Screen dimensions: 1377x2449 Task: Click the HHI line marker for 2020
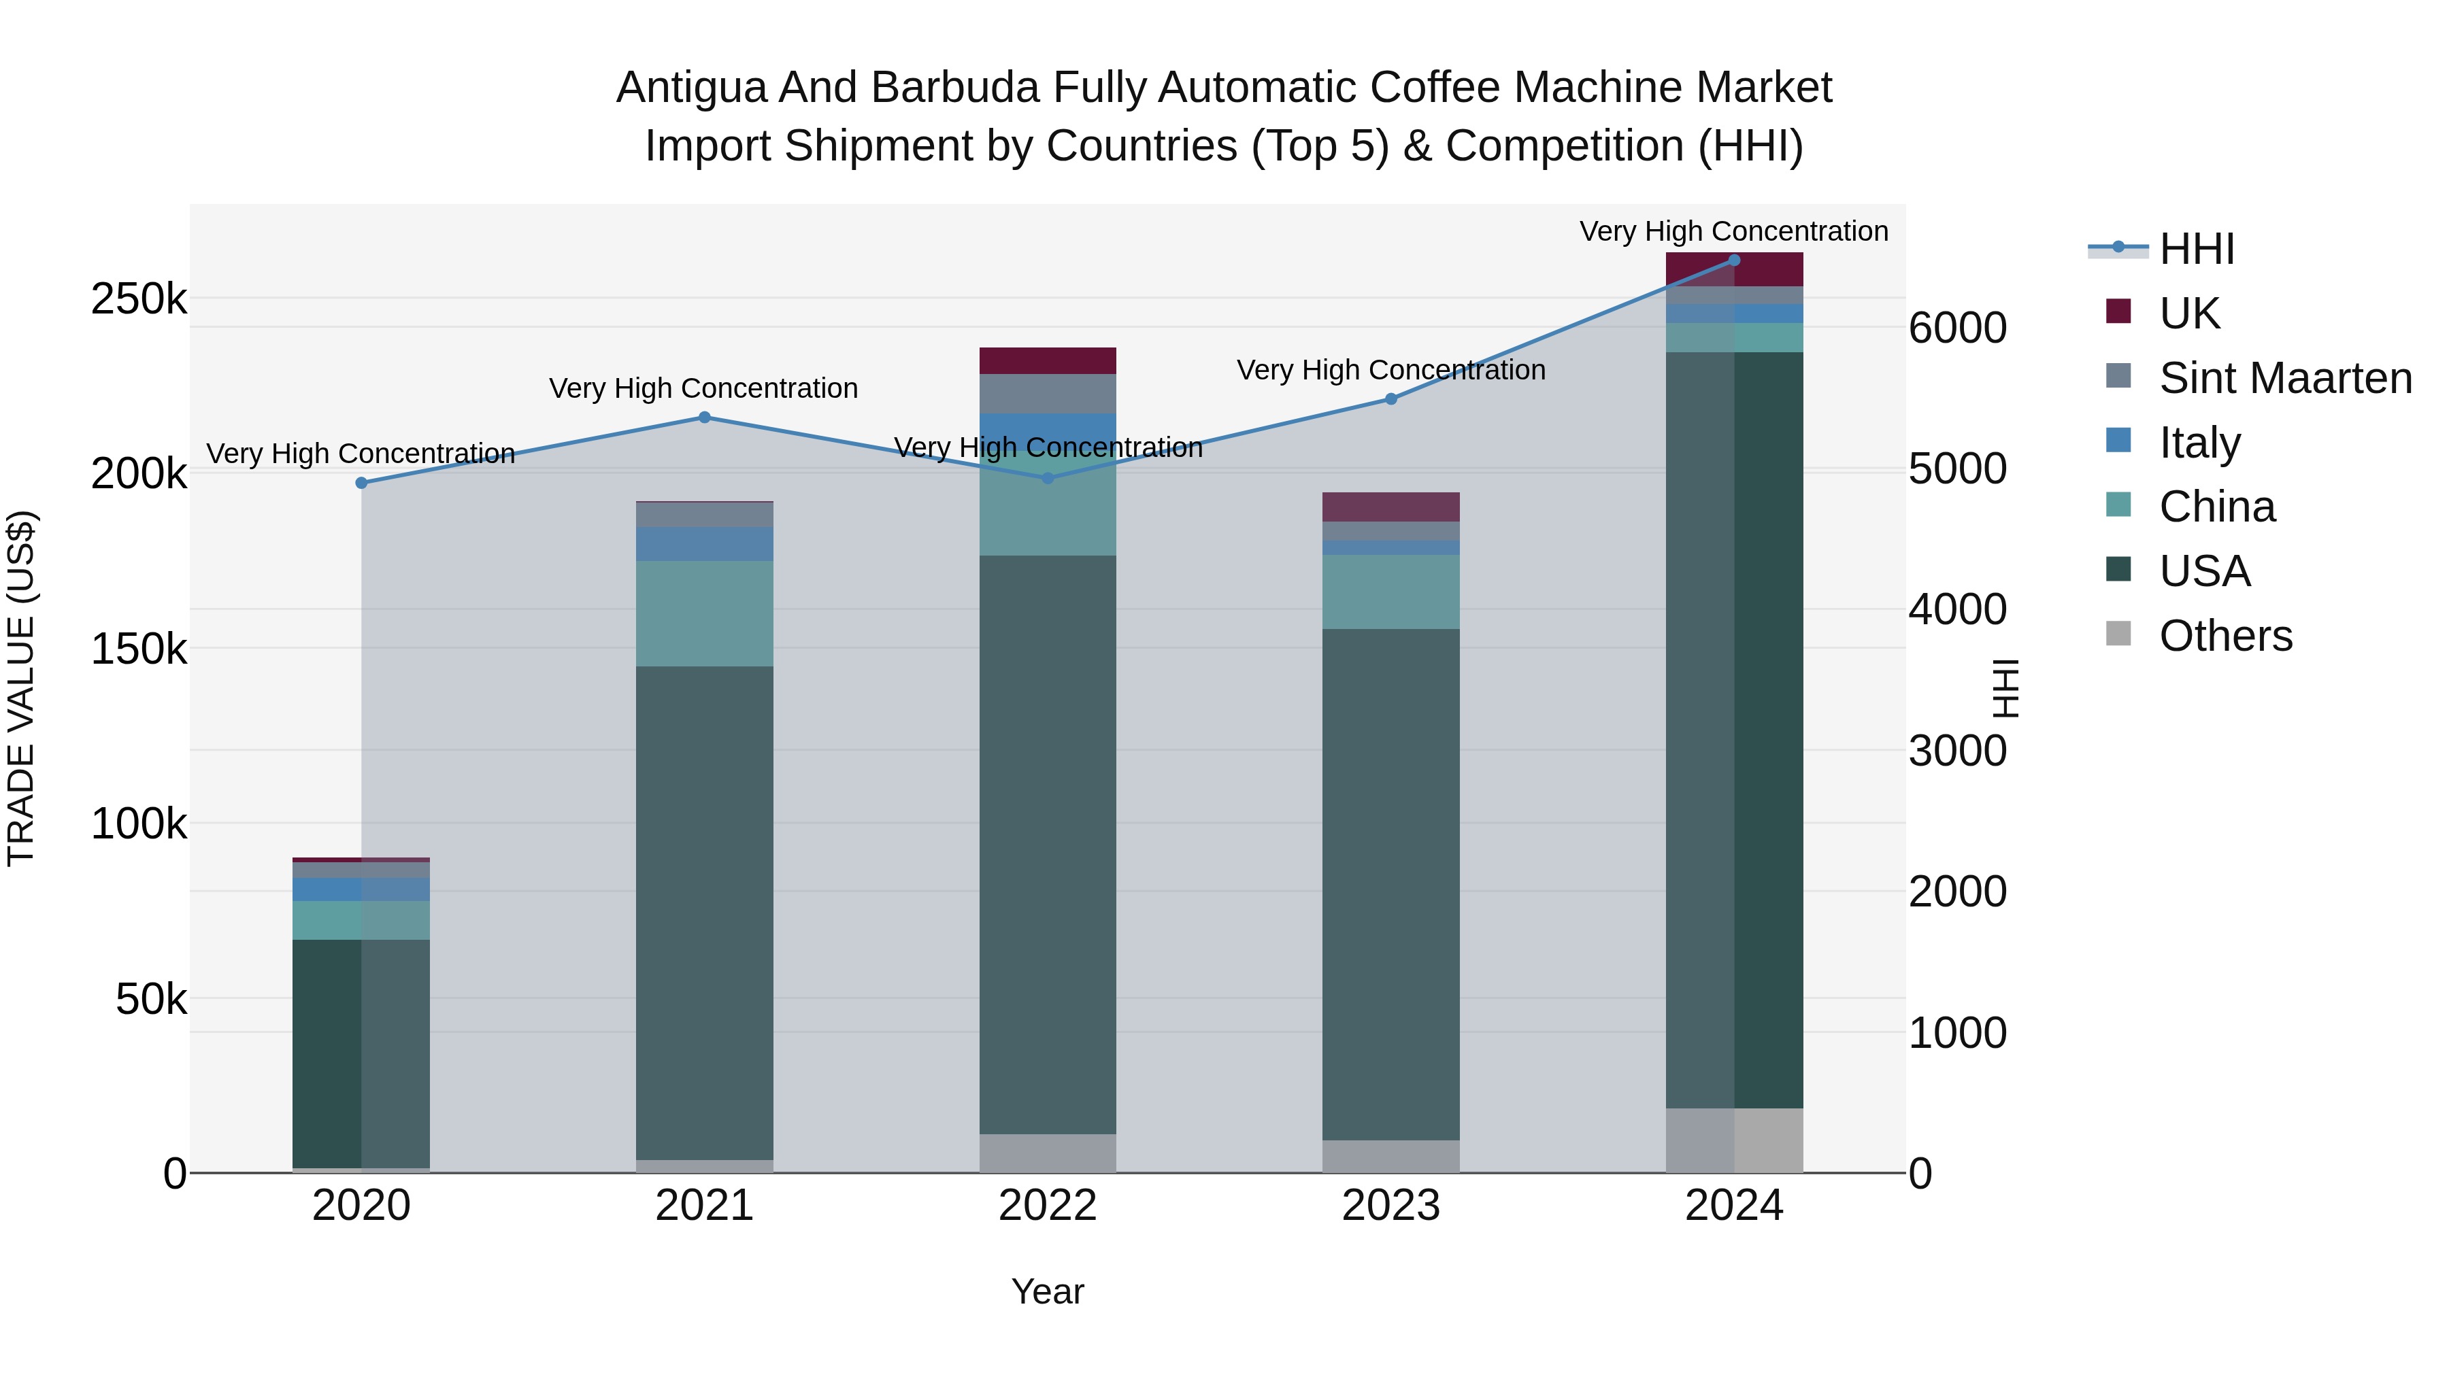[361, 483]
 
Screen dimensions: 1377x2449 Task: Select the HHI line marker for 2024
[1734, 260]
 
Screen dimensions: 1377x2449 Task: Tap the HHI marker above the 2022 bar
[1048, 478]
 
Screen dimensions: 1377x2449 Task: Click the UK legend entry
[2188, 313]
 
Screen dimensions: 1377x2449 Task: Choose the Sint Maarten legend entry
[2284, 377]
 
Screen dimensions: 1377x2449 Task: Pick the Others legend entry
[2225, 635]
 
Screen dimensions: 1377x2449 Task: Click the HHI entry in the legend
[2196, 249]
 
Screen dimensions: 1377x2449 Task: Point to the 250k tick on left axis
[139, 299]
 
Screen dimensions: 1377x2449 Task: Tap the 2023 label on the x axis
[1391, 1206]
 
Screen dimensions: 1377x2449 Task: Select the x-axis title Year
[1048, 1291]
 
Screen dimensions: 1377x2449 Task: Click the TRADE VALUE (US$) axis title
[21, 688]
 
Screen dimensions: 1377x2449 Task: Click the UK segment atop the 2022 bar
[1048, 360]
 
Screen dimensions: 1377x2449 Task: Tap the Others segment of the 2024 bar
[1734, 1140]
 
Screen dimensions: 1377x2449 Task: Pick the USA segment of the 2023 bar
[1391, 884]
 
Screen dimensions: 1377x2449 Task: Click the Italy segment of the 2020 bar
[361, 889]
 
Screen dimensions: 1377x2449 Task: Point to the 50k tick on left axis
[150, 999]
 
